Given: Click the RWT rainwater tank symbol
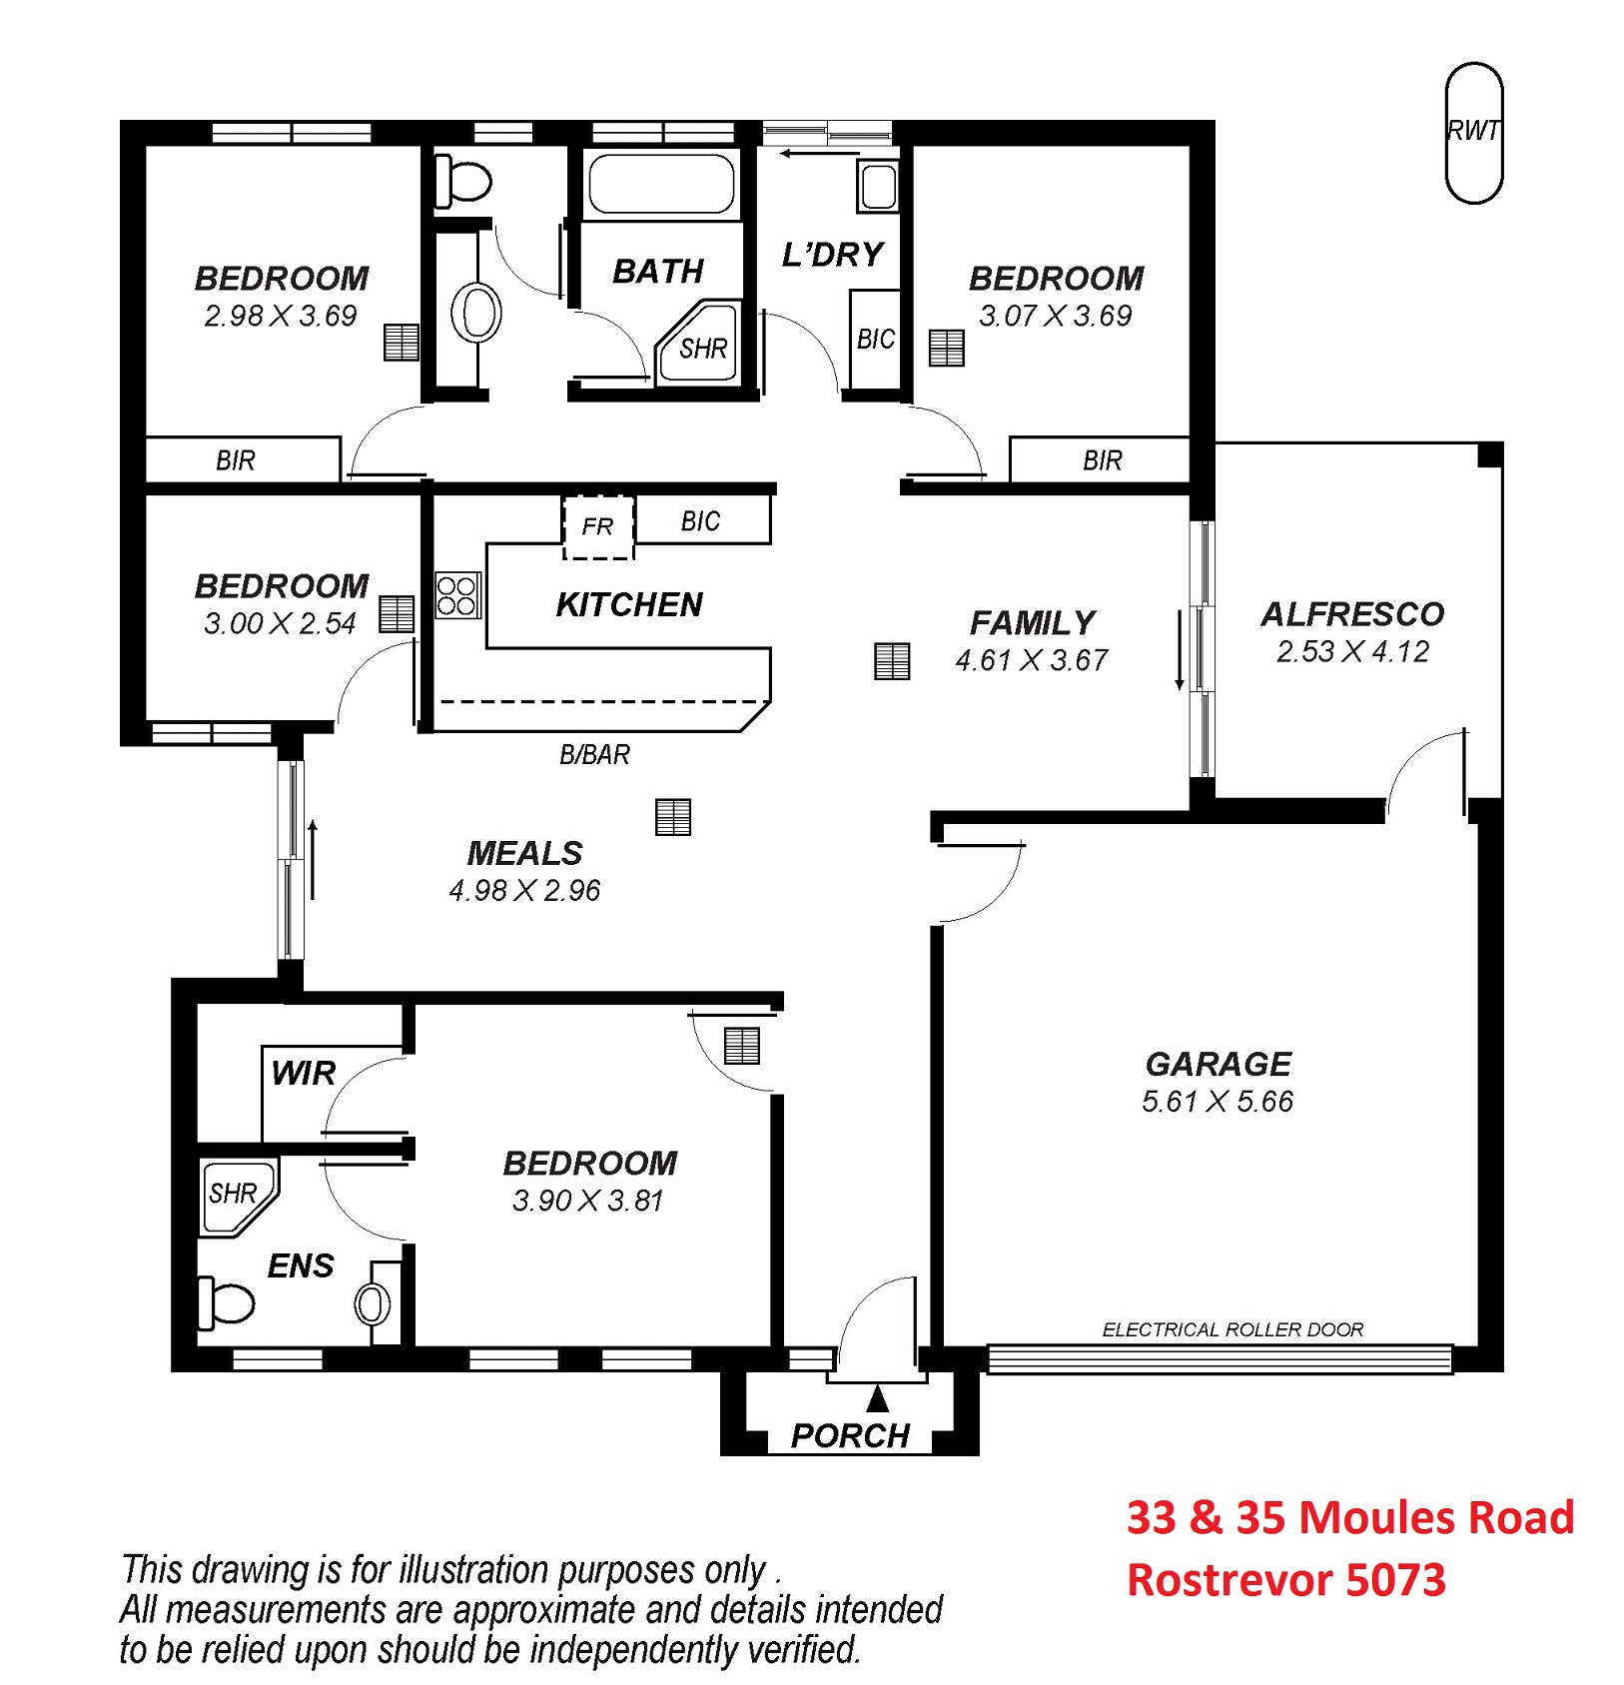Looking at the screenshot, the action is (1473, 133).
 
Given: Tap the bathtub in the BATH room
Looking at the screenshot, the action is (660, 184).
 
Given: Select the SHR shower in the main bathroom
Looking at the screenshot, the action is (698, 341).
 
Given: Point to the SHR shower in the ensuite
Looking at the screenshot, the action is (238, 1198).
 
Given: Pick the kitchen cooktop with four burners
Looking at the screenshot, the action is (458, 595).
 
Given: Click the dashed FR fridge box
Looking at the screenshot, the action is (598, 526).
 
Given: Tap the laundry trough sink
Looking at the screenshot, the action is (878, 186).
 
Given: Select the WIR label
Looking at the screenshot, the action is (303, 1073).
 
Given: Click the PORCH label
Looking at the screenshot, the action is (850, 1435).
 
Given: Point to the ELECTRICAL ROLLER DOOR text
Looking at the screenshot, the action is (1232, 1329).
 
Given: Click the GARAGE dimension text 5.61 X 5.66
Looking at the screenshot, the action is (1217, 1101).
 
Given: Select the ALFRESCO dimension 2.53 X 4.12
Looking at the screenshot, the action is (1352, 651).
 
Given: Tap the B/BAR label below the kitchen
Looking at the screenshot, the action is (594, 754).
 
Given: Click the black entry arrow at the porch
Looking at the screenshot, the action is (877, 1396).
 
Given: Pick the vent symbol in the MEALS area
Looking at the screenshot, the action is (673, 817).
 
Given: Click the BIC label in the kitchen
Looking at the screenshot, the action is (700, 520).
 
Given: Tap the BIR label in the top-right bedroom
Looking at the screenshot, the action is (1102, 460).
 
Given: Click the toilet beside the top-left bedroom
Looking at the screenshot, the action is (463, 182).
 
